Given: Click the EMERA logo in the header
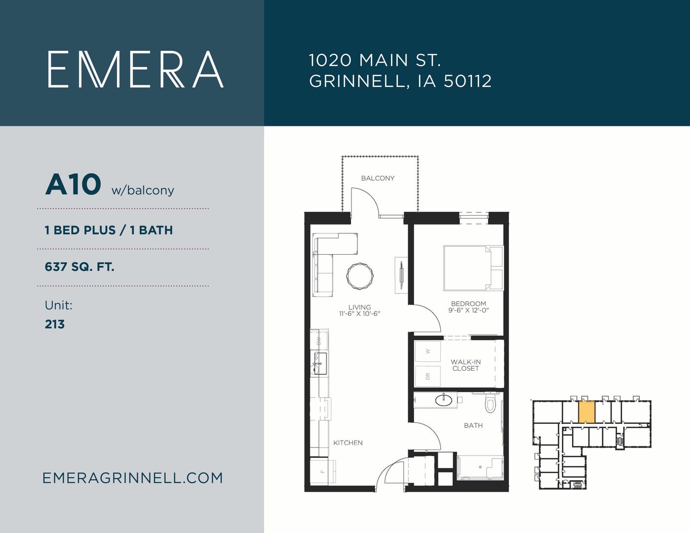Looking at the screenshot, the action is point(136,69).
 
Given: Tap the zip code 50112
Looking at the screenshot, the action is point(467,81).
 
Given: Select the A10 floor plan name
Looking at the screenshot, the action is point(73,185).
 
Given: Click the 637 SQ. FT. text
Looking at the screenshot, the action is point(79,266).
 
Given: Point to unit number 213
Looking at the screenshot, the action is point(55,324).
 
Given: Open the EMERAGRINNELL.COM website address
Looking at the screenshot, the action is point(133,478).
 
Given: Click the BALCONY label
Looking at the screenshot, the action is point(378,178).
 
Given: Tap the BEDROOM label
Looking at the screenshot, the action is point(468,304).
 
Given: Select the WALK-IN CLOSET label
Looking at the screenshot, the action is point(465,365).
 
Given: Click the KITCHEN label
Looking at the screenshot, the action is point(347,443).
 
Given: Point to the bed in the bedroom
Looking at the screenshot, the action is point(473,267).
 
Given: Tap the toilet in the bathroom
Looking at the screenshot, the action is point(491,403).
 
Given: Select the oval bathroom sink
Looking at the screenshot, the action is point(444,400).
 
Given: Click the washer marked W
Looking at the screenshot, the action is point(428,351).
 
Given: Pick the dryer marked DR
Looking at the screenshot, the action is point(428,376).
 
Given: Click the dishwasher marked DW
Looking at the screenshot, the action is point(319,341).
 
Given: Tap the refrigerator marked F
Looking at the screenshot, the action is point(323,471).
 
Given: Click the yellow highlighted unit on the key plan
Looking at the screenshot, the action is point(586,412).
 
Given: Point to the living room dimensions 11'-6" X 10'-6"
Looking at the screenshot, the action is point(359,314).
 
